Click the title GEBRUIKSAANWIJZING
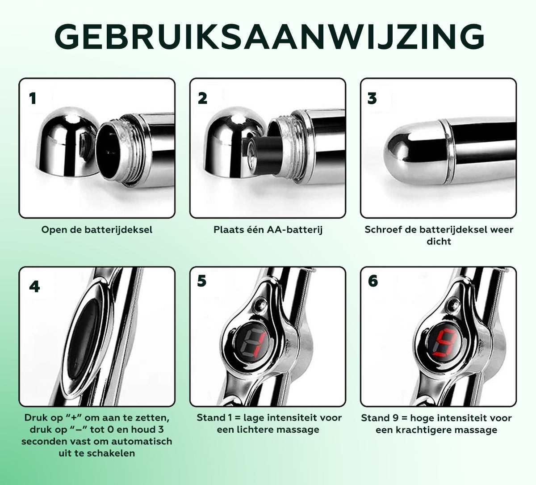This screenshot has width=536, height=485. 269,37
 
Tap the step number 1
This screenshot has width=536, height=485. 33,98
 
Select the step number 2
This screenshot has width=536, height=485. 202,98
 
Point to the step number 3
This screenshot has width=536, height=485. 372,98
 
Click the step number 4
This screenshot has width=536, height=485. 34,287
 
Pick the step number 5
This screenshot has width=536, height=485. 202,281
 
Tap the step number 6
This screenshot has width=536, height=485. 373,281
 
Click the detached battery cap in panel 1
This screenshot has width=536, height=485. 67,142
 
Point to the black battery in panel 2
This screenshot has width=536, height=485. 263,155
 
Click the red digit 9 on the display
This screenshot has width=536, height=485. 444,344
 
